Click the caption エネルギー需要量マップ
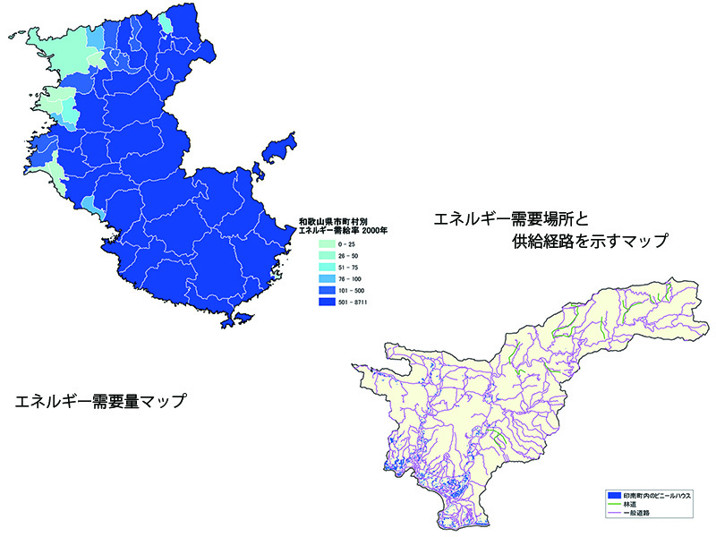(100, 402)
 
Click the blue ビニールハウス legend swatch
(614, 495)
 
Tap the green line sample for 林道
(614, 504)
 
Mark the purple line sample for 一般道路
(614, 513)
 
